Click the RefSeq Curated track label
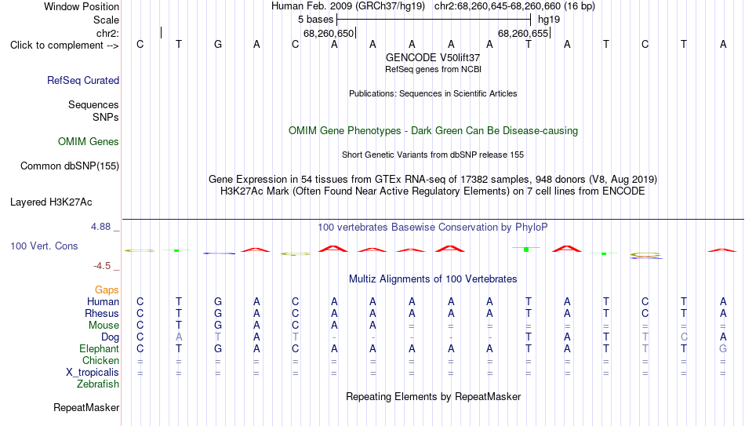[x=83, y=80]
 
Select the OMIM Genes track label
[x=89, y=142]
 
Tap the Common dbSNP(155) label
[x=70, y=166]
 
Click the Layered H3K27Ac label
[x=51, y=202]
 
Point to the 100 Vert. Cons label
[x=44, y=246]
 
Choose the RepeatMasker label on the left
[x=86, y=407]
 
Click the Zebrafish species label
[x=98, y=384]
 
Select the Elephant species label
[x=99, y=348]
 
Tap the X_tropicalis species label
[x=93, y=373]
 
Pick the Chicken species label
[x=100, y=360]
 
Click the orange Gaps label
[x=107, y=290]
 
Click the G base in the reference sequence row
[x=217, y=44]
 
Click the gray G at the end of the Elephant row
[x=723, y=348]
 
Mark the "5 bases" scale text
[x=316, y=20]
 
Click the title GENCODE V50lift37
[x=433, y=57]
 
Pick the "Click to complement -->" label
[x=64, y=46]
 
